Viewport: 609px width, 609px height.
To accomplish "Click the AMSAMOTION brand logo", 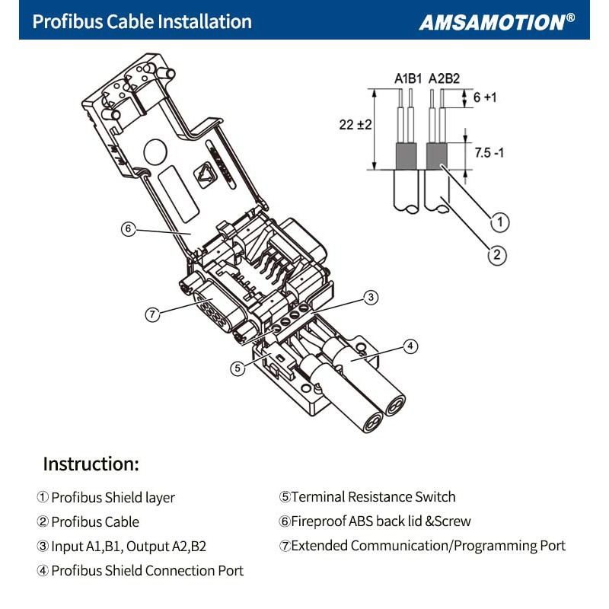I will [x=496, y=21].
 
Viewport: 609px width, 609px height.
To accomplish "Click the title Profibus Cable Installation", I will [x=142, y=21].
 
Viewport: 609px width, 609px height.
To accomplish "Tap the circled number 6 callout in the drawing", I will [x=129, y=228].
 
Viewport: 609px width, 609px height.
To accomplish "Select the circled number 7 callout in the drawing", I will [x=153, y=314].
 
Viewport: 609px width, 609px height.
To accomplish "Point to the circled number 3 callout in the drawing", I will [x=370, y=298].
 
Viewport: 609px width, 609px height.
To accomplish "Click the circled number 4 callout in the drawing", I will [x=410, y=346].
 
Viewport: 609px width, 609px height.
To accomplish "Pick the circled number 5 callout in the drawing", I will [x=238, y=368].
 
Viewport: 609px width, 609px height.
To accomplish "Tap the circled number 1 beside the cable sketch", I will [x=499, y=222].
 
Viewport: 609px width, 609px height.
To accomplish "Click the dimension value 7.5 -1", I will [x=489, y=152].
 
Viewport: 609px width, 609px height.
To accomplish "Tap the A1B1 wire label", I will [x=408, y=78].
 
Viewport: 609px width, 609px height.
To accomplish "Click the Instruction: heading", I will [x=91, y=464].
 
